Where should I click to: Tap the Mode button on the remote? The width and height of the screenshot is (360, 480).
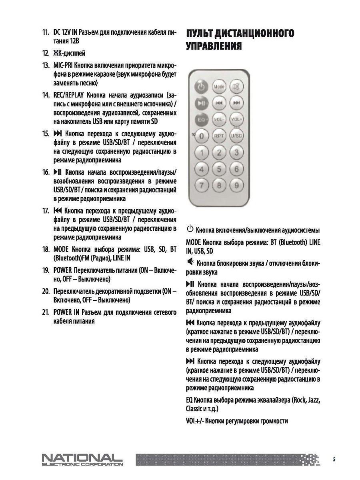[218, 86]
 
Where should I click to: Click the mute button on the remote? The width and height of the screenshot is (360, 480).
[236, 86]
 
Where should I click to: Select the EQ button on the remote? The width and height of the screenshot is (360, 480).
[201, 119]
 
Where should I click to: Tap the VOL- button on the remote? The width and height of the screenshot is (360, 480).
[218, 119]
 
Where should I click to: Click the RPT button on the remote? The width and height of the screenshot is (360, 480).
[218, 136]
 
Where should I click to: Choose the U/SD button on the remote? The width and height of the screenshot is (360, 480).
[236, 136]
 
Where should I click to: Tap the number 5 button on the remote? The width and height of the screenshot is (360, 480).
[218, 169]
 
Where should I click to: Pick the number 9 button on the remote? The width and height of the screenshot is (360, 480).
[236, 185]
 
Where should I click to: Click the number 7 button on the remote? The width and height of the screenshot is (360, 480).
[202, 185]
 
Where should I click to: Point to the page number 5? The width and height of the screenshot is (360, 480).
[334, 459]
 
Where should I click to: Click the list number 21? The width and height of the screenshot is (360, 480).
[46, 312]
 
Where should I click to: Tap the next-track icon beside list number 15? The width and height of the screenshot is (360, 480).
[58, 133]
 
